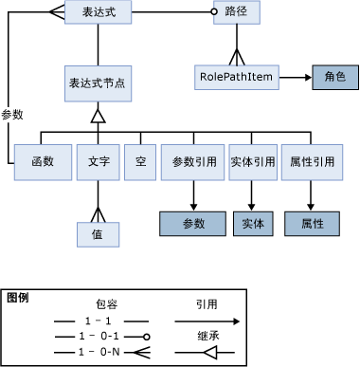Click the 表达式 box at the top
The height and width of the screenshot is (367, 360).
click(x=99, y=14)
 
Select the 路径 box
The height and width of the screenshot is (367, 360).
click(x=235, y=14)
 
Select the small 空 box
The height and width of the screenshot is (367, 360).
click(x=138, y=162)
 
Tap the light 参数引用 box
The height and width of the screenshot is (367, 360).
click(x=192, y=162)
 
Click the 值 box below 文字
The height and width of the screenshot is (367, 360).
click(x=96, y=232)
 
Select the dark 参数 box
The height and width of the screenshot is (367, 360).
click(x=192, y=224)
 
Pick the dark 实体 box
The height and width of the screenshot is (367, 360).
click(x=253, y=224)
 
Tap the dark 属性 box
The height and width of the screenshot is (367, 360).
click(x=313, y=224)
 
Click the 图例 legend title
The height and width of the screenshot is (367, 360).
click(x=17, y=298)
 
